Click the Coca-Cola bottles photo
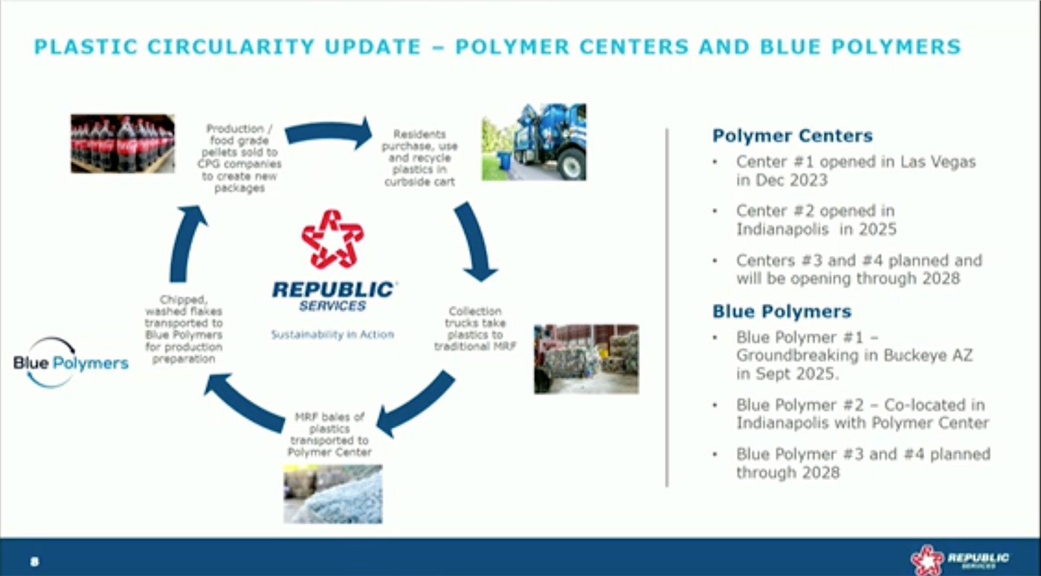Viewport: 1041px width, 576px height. coord(123,143)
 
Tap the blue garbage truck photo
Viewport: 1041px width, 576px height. coord(533,142)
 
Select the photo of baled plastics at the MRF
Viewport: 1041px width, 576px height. coord(586,358)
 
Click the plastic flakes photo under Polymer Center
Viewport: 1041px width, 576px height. coord(332,494)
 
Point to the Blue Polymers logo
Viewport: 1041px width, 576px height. coord(71,363)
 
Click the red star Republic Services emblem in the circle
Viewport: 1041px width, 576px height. coord(332,239)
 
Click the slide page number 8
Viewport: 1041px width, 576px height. coord(34,561)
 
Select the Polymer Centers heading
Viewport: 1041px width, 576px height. coord(792,136)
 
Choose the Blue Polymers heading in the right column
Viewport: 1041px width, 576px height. coord(781,311)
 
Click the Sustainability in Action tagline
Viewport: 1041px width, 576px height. coord(332,334)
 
